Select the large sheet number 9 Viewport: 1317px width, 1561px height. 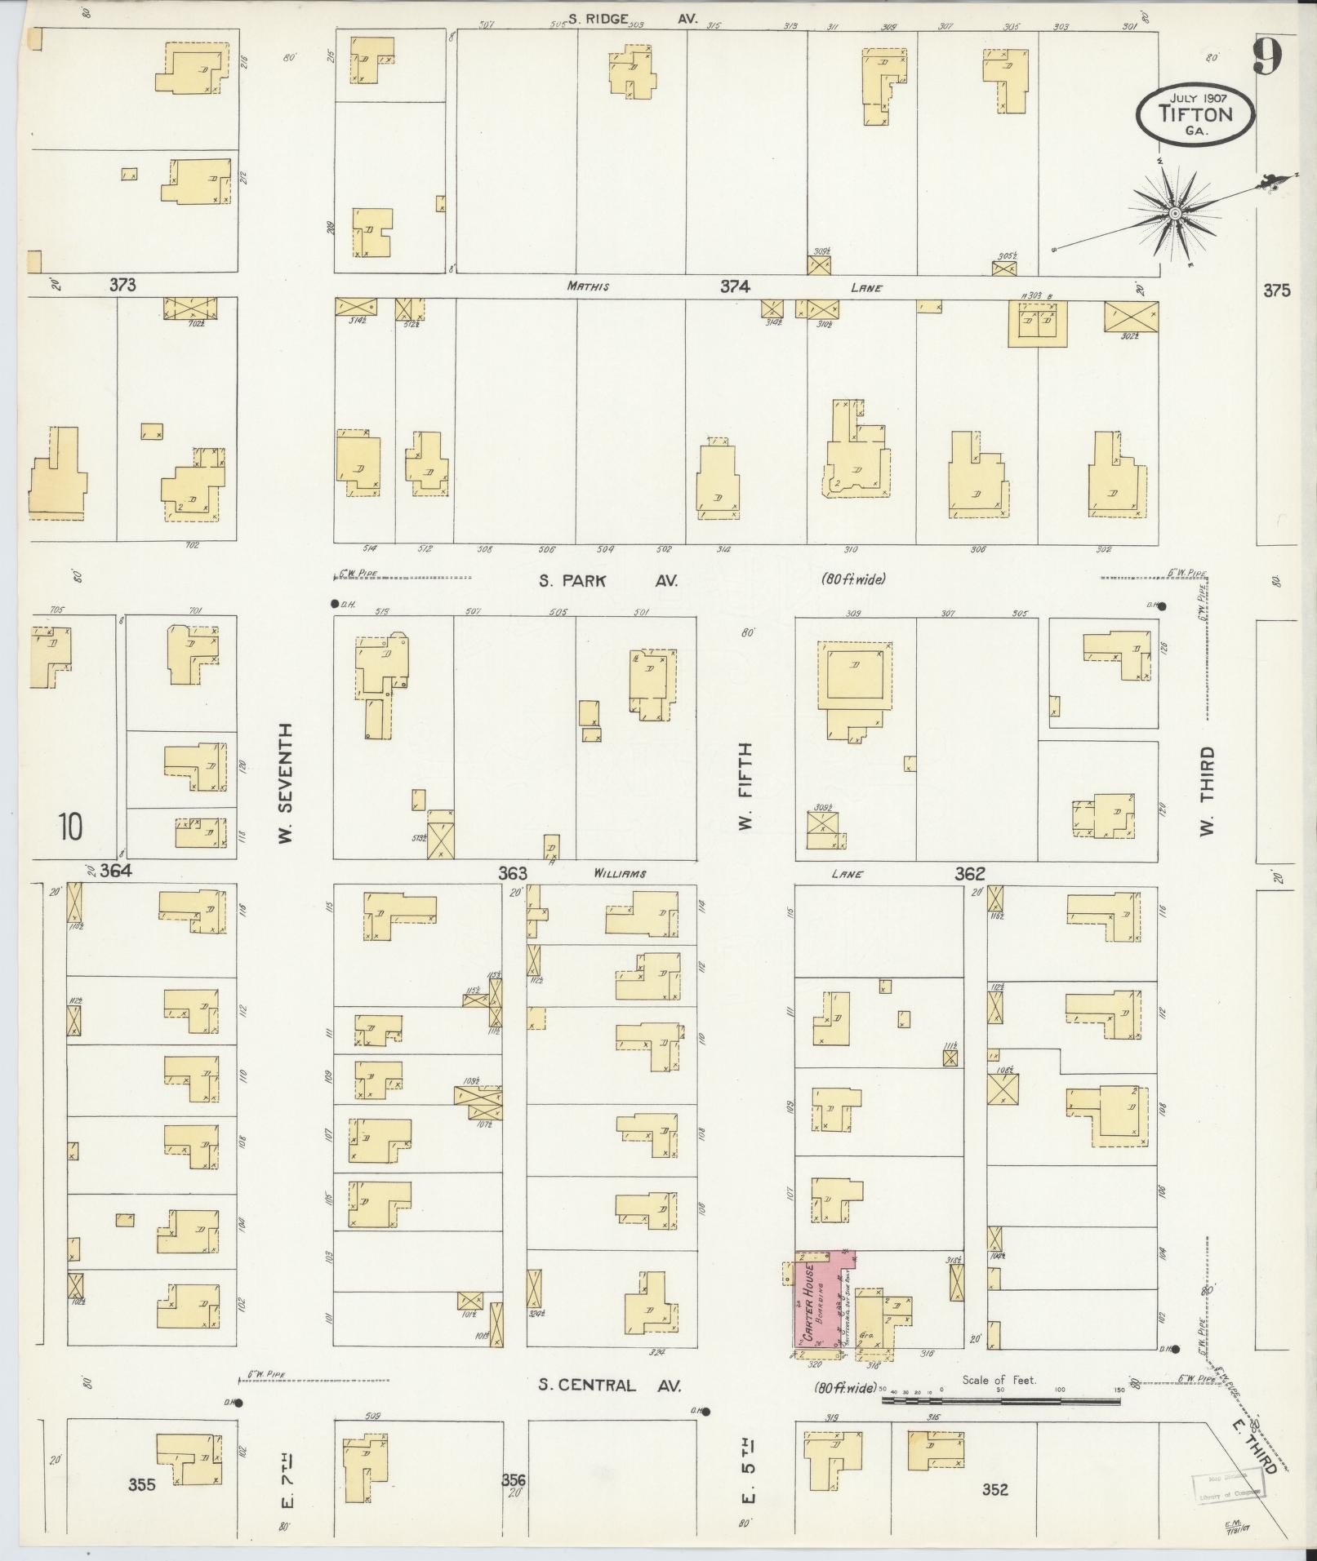[1268, 57]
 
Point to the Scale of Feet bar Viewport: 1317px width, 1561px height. [1000, 1399]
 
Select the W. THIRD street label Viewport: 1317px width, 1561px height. [1207, 791]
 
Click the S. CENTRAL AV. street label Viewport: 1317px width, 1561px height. [609, 1385]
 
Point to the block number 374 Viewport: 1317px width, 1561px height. [734, 286]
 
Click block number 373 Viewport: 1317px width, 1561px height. [122, 285]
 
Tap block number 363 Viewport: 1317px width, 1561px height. [513, 873]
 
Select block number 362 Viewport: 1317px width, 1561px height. [969, 873]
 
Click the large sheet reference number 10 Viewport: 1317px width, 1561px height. [70, 827]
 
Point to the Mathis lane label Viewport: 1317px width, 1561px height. [589, 287]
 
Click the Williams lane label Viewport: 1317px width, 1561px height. [621, 874]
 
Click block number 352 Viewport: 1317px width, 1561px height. [994, 1489]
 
